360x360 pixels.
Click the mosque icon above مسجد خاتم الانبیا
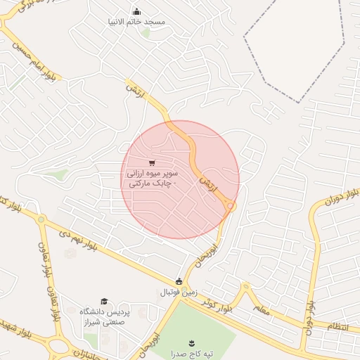click(x=136, y=11)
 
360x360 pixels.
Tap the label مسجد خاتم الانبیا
click(x=136, y=22)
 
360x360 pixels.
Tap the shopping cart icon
click(x=152, y=162)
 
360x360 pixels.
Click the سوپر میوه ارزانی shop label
click(x=152, y=177)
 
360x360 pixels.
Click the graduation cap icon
click(x=105, y=301)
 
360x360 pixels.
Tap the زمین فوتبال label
click(x=179, y=292)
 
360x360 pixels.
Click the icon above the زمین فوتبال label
click(x=179, y=281)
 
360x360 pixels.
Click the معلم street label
click(x=259, y=309)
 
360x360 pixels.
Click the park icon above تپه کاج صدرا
click(x=191, y=343)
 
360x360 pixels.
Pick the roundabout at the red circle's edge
click(x=231, y=205)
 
